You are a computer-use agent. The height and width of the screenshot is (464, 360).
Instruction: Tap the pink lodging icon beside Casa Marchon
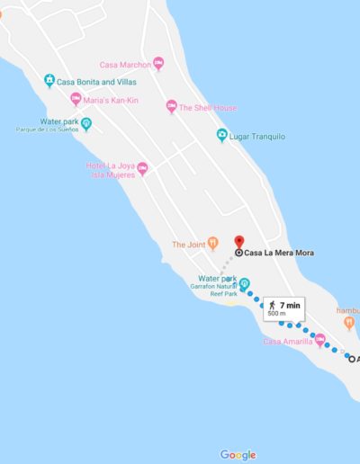coord(159,63)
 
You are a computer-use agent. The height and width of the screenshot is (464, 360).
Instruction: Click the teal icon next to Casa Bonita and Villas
coord(49,82)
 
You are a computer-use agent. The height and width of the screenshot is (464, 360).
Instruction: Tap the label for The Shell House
coord(208,108)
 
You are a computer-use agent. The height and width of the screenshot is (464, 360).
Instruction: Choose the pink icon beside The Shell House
coord(172,107)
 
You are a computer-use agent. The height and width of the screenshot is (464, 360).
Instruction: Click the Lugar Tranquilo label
coord(259,136)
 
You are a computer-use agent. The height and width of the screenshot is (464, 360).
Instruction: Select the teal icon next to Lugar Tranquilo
coord(222,136)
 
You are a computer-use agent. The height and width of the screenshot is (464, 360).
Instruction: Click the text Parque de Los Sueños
coord(47,130)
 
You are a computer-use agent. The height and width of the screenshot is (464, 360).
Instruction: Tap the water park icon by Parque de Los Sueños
coord(86,123)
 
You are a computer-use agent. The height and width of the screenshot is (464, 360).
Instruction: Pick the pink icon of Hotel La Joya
coord(142,168)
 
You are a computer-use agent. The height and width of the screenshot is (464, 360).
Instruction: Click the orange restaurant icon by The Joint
coord(213,243)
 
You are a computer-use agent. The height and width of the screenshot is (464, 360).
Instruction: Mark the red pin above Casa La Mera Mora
coord(238,242)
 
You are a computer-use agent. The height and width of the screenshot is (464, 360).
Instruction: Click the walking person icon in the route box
coord(272,306)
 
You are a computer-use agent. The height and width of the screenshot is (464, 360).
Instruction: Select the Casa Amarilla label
coord(286,342)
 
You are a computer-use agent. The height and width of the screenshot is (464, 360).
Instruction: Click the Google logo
coord(238,455)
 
